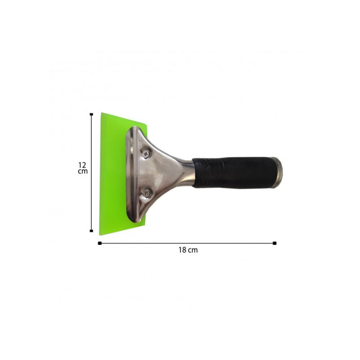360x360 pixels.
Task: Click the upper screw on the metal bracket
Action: coord(146,153)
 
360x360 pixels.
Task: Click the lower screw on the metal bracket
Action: coord(146,193)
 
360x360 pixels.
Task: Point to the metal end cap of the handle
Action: coord(277,173)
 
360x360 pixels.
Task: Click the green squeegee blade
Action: coord(113,174)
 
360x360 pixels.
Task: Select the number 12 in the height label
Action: coord(82,165)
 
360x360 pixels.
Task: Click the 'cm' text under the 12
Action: coord(83,171)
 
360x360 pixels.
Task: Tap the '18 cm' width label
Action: coord(188,250)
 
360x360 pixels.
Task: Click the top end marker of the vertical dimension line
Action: coord(91,114)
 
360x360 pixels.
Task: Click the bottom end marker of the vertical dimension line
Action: coord(91,231)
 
